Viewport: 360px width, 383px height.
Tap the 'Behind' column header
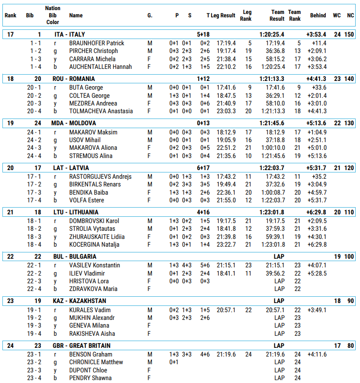[318, 15]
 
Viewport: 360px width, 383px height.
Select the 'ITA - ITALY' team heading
[74, 34]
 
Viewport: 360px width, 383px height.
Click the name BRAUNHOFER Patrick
[97, 43]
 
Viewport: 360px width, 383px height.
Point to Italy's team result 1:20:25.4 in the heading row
[271, 34]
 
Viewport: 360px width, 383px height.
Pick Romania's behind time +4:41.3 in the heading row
[316, 79]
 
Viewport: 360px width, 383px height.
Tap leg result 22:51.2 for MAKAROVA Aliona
[226, 148]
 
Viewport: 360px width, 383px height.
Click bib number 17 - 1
[35, 176]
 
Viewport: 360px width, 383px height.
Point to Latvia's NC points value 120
[349, 168]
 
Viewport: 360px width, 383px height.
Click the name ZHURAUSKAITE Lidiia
[97, 237]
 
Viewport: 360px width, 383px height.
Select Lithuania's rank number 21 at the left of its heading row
[11, 212]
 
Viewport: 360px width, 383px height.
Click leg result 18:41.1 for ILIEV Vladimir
[226, 273]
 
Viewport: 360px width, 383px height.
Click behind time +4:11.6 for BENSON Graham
[317, 354]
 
